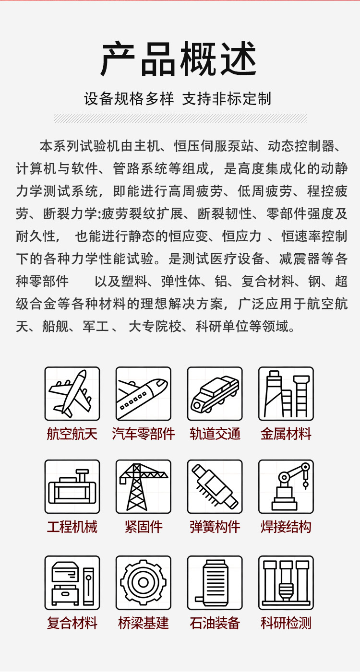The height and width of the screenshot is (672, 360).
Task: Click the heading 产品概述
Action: point(179,59)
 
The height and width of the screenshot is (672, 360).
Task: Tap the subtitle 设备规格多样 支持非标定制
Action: point(178,99)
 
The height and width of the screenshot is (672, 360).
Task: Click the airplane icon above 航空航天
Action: point(72,394)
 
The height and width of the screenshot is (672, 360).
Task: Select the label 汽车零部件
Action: point(144,434)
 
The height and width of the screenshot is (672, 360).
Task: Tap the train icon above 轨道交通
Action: point(215,394)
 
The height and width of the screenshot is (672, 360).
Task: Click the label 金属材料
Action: point(286,434)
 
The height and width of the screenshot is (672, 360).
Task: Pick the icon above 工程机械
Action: point(72,486)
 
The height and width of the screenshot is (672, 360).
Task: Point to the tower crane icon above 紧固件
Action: point(144,486)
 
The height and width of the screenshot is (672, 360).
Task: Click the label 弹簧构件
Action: point(215,527)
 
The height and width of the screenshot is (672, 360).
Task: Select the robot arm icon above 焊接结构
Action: point(286,486)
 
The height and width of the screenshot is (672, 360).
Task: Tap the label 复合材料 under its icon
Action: point(72,623)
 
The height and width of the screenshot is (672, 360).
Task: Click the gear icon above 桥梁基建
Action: point(144,583)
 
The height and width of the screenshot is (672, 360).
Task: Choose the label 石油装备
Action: point(215,623)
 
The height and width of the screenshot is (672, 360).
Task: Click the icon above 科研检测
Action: point(286,583)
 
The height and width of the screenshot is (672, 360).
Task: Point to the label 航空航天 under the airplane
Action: point(72,434)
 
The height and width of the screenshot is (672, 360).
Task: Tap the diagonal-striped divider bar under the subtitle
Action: point(180,118)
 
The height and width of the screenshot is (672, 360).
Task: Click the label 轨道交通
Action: point(215,434)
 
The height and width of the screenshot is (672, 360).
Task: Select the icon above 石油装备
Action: point(215,583)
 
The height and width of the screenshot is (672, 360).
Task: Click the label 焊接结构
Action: point(286,527)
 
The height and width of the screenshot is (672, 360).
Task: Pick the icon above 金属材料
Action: point(286,394)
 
